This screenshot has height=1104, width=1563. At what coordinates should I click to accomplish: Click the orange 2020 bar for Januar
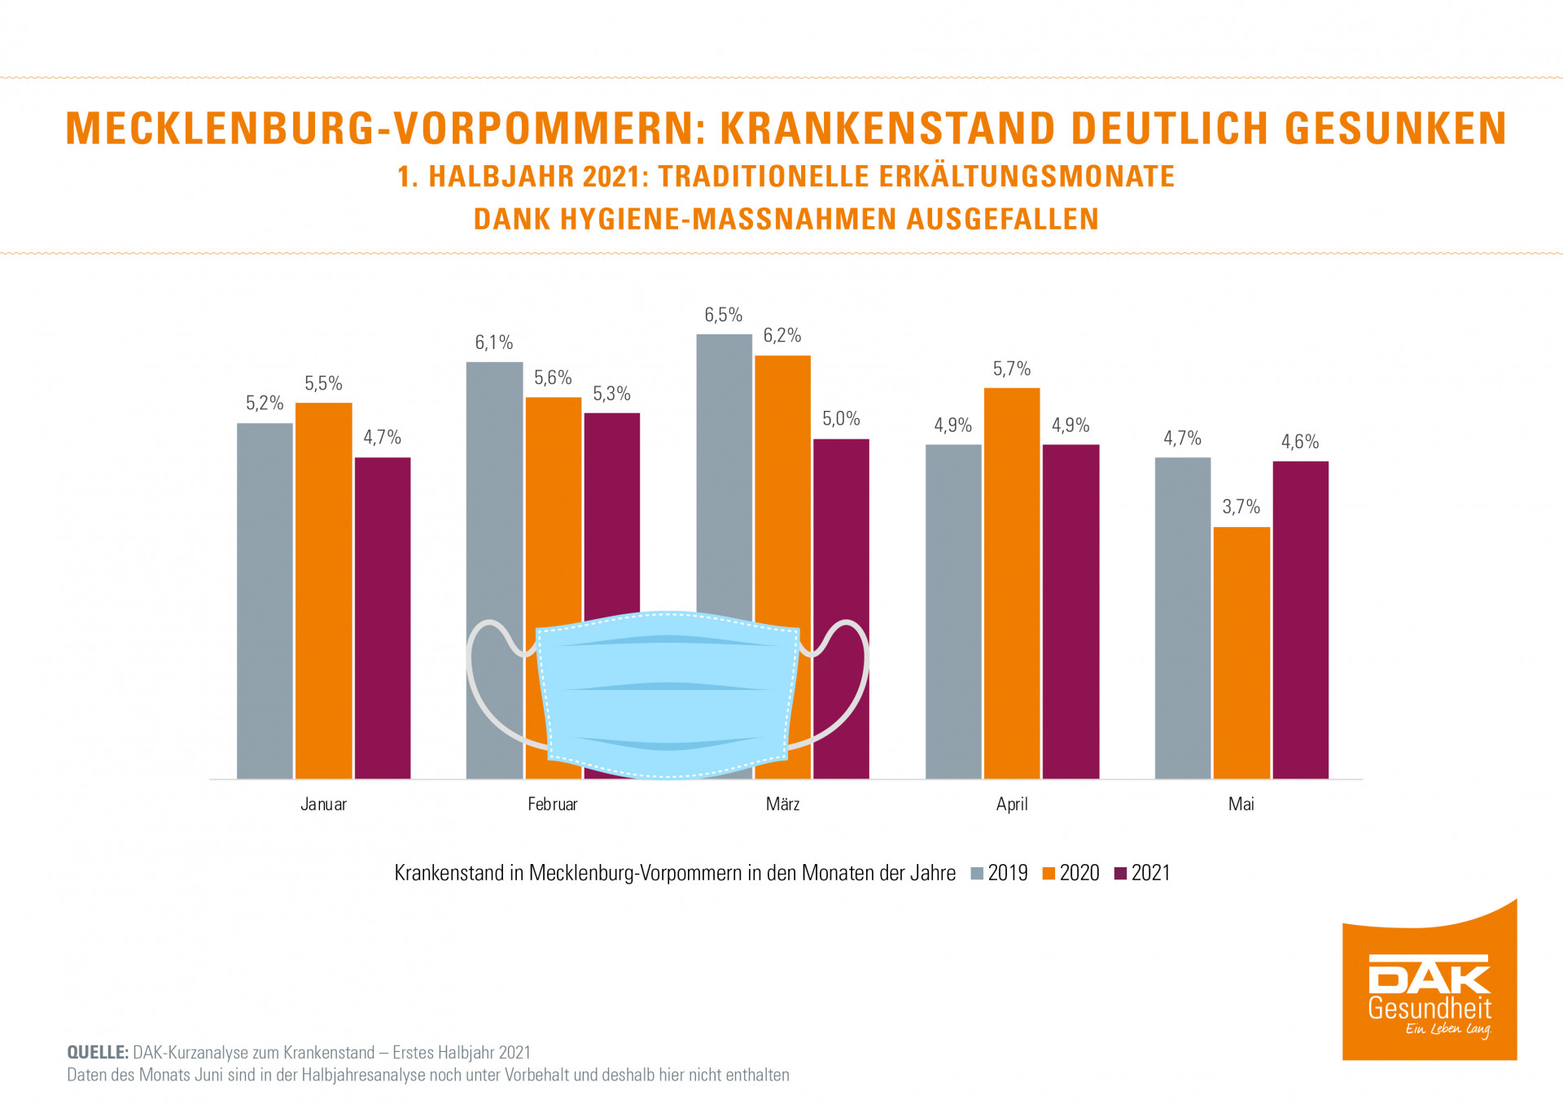(323, 590)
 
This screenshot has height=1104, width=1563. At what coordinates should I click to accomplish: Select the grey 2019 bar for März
(724, 472)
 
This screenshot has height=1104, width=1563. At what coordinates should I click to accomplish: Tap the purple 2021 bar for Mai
(1300, 618)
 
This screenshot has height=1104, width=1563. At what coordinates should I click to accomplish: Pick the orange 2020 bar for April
(1012, 583)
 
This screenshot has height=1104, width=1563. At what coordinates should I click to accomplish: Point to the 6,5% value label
(723, 315)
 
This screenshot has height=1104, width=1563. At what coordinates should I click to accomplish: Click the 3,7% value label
(1241, 507)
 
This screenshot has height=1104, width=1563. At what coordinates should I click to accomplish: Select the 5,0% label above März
(841, 419)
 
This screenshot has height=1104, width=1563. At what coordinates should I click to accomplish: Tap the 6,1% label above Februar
(494, 343)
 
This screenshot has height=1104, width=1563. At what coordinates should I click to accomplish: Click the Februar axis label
(553, 805)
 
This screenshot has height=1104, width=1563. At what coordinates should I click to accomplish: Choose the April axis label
(1012, 805)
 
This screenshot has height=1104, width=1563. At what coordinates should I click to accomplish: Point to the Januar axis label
(323, 805)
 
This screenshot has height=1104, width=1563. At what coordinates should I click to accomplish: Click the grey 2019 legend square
(978, 874)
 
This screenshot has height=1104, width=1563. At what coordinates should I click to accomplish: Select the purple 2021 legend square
(1121, 874)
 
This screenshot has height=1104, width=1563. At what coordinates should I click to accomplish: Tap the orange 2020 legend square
(1049, 874)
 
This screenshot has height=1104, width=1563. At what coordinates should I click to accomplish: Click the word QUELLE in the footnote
(97, 1053)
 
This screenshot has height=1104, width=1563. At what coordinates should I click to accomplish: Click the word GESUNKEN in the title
(1395, 129)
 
